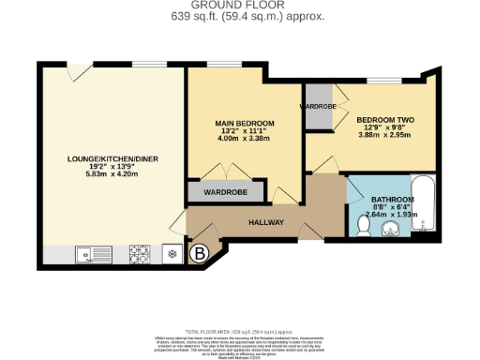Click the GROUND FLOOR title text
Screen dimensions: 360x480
pos(240,5)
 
